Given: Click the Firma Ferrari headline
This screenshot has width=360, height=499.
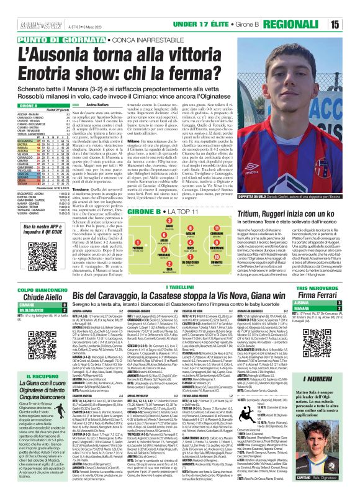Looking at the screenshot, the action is tap(335, 263).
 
